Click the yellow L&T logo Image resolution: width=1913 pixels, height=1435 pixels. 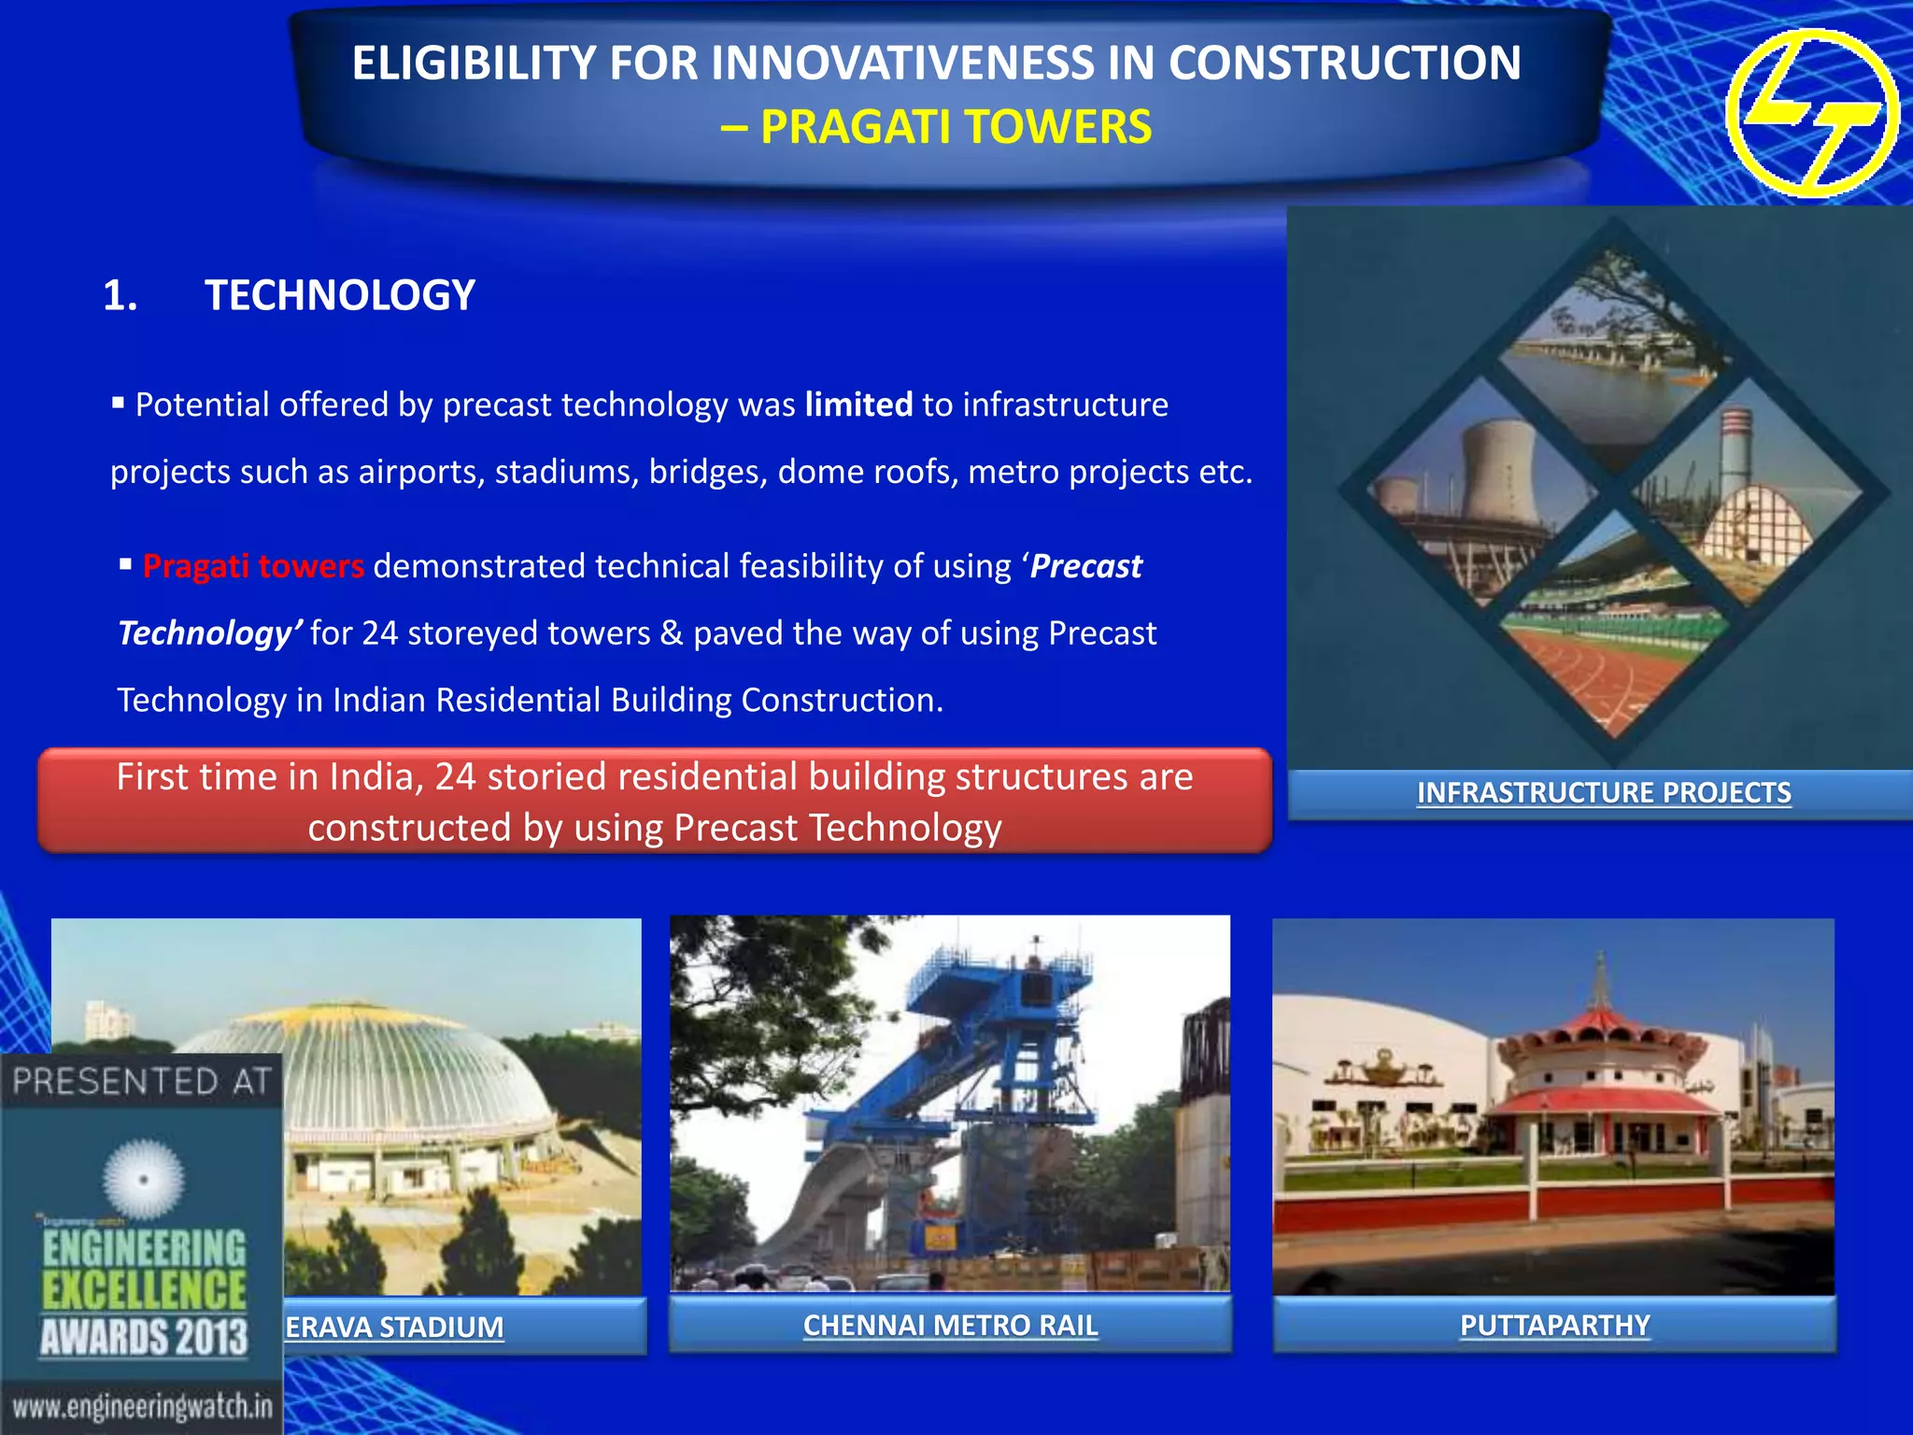tap(1811, 113)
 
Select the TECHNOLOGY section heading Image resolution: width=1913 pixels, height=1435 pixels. tap(340, 295)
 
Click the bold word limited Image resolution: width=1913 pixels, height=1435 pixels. tap(858, 405)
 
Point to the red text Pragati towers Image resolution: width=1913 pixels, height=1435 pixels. tap(253, 566)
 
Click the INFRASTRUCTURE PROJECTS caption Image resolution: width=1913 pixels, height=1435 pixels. tap(1603, 793)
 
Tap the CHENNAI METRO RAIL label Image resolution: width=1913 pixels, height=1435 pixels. tap(950, 1325)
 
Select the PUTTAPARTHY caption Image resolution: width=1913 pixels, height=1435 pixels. tap(1554, 1325)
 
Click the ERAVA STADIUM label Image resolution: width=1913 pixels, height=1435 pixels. tap(394, 1327)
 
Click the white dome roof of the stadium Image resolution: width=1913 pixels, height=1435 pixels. tap(374, 1065)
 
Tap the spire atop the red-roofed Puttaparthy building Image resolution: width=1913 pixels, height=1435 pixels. tap(1601, 981)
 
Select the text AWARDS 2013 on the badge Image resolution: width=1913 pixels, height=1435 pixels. tap(144, 1336)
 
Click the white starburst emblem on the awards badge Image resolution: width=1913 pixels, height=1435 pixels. tap(143, 1179)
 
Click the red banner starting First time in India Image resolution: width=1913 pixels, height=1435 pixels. tap(655, 802)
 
